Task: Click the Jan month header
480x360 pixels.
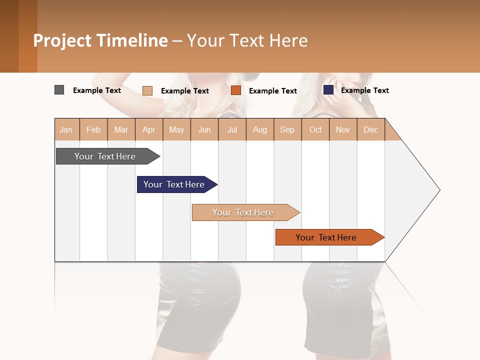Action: pyautogui.click(x=66, y=129)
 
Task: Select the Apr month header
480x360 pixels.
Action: pyautogui.click(x=148, y=129)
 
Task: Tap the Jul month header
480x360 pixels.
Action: pyautogui.click(x=232, y=129)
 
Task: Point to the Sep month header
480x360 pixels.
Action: pyautogui.click(x=287, y=129)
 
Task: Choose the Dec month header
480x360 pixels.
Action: pyautogui.click(x=370, y=129)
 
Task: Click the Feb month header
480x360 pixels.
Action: pyautogui.click(x=93, y=129)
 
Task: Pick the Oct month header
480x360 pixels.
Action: pyautogui.click(x=315, y=129)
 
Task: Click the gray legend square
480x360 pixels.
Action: pyautogui.click(x=59, y=90)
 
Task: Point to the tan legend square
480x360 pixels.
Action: pyautogui.click(x=147, y=90)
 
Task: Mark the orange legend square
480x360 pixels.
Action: pyautogui.click(x=236, y=90)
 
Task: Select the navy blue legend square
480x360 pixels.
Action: pyautogui.click(x=328, y=90)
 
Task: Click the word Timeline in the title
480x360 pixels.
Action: pyautogui.click(x=132, y=40)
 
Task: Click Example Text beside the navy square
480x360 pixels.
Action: pyautogui.click(x=365, y=90)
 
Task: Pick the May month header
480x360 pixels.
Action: pyautogui.click(x=176, y=129)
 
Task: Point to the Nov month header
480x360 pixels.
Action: pyautogui.click(x=343, y=129)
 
